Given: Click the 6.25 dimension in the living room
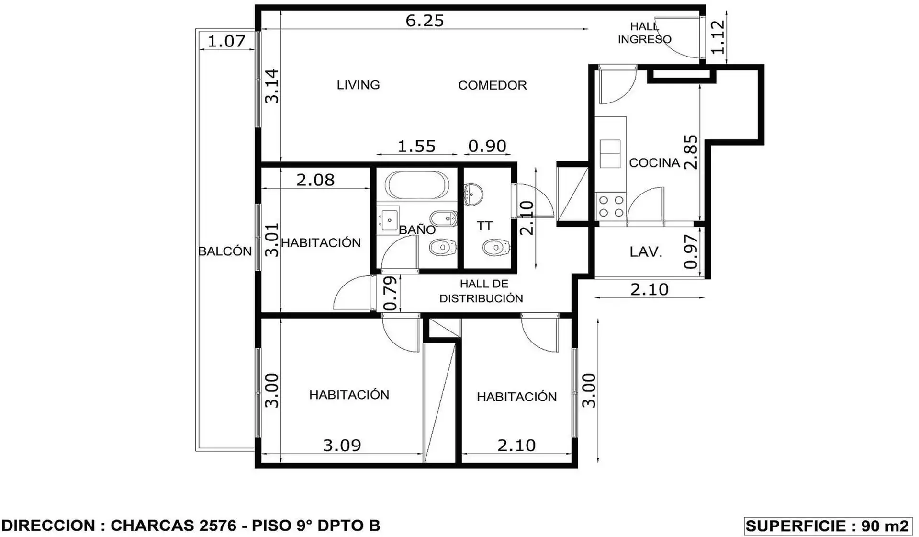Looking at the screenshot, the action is (425, 21).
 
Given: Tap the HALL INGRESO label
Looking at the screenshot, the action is (645, 33).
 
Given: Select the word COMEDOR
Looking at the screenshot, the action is (493, 85).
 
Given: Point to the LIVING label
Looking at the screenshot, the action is (359, 85).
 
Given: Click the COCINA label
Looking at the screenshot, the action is (654, 163).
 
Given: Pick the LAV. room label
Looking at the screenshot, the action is (646, 252).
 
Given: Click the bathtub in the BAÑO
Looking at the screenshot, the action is (417, 185).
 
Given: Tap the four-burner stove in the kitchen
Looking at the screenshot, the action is (611, 206).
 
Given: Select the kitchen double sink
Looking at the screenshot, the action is (610, 154).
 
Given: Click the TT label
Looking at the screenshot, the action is (484, 226).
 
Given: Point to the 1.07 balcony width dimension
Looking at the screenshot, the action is (226, 41).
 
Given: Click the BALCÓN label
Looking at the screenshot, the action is (225, 251).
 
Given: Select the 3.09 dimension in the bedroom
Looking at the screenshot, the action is (342, 446).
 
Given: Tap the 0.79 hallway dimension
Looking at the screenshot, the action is (391, 293).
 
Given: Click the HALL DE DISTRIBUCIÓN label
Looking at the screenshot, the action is (481, 291).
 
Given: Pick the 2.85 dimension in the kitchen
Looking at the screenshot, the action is (691, 152).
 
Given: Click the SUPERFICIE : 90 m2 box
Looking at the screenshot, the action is (828, 526).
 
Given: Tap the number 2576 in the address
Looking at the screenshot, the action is (218, 526).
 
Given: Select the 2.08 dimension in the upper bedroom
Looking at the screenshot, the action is (315, 180).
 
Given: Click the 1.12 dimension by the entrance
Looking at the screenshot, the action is (717, 37).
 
